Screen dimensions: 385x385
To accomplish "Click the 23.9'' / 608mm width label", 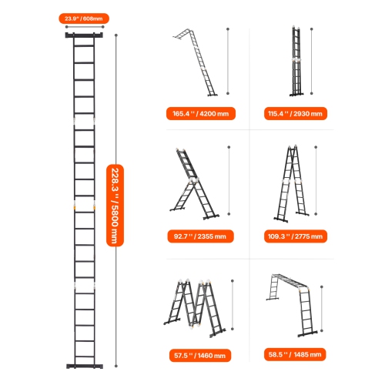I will (85, 16).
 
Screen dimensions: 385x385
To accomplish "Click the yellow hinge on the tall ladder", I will (74, 206).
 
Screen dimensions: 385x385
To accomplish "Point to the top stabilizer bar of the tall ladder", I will (84, 35).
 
